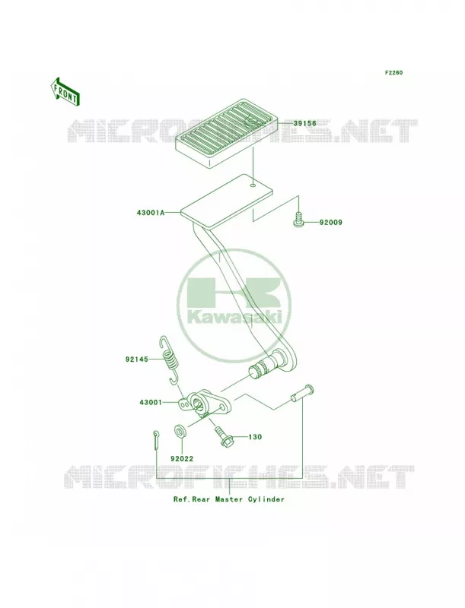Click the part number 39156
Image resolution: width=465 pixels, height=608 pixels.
coord(304,123)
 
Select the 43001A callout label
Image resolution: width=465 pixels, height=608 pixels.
coord(151,213)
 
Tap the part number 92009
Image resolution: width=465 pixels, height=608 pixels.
coord(331,223)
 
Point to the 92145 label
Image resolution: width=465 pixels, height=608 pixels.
coord(137,359)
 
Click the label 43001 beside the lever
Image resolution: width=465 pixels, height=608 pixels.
coord(151,403)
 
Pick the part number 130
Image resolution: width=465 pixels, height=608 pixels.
coord(255,437)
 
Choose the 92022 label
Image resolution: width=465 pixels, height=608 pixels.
coord(182,459)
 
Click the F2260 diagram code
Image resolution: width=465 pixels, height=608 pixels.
coord(393,72)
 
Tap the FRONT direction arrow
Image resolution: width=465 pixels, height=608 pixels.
coord(65,91)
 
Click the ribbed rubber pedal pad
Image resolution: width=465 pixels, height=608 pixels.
coord(227,132)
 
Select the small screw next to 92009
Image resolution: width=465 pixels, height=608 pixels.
coord(298,220)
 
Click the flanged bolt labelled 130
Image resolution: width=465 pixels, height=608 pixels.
coord(222,436)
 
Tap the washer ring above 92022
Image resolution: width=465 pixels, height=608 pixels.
coord(180,430)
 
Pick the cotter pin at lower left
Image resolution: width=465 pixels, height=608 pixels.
coord(156,440)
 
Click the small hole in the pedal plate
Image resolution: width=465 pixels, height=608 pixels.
coord(253,185)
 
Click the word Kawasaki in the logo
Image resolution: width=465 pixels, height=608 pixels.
coord(234,318)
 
